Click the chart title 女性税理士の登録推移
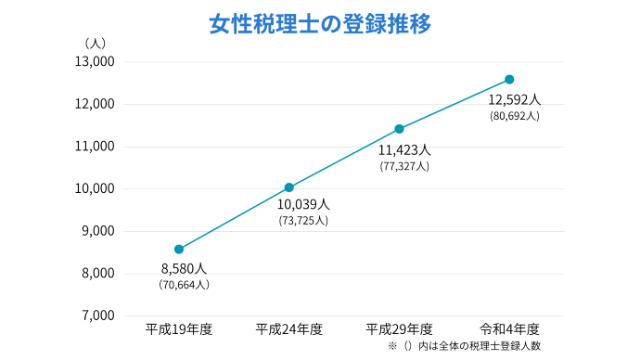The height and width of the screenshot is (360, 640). click(320, 23)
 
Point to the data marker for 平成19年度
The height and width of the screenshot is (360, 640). click(179, 249)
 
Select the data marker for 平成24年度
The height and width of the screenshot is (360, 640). click(289, 187)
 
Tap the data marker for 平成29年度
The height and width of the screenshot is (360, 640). click(399, 129)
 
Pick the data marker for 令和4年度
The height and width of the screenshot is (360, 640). click(509, 80)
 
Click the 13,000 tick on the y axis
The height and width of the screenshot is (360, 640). click(94, 62)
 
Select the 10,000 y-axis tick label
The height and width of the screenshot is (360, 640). click(94, 188)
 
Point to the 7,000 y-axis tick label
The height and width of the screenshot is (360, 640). click(96, 315)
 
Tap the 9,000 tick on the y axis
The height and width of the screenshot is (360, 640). click(96, 231)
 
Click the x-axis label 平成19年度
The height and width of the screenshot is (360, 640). click(179, 328)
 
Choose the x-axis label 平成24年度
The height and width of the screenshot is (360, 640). click(289, 328)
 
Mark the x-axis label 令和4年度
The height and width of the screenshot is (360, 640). click(509, 328)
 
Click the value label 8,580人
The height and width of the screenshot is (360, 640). click(184, 268)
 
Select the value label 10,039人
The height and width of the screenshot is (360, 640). click(303, 204)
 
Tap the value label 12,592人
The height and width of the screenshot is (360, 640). click(514, 99)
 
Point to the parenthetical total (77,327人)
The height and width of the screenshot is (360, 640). click(404, 166)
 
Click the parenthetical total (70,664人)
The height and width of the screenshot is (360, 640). click(184, 285)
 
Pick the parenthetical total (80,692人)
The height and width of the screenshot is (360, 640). click(514, 116)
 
